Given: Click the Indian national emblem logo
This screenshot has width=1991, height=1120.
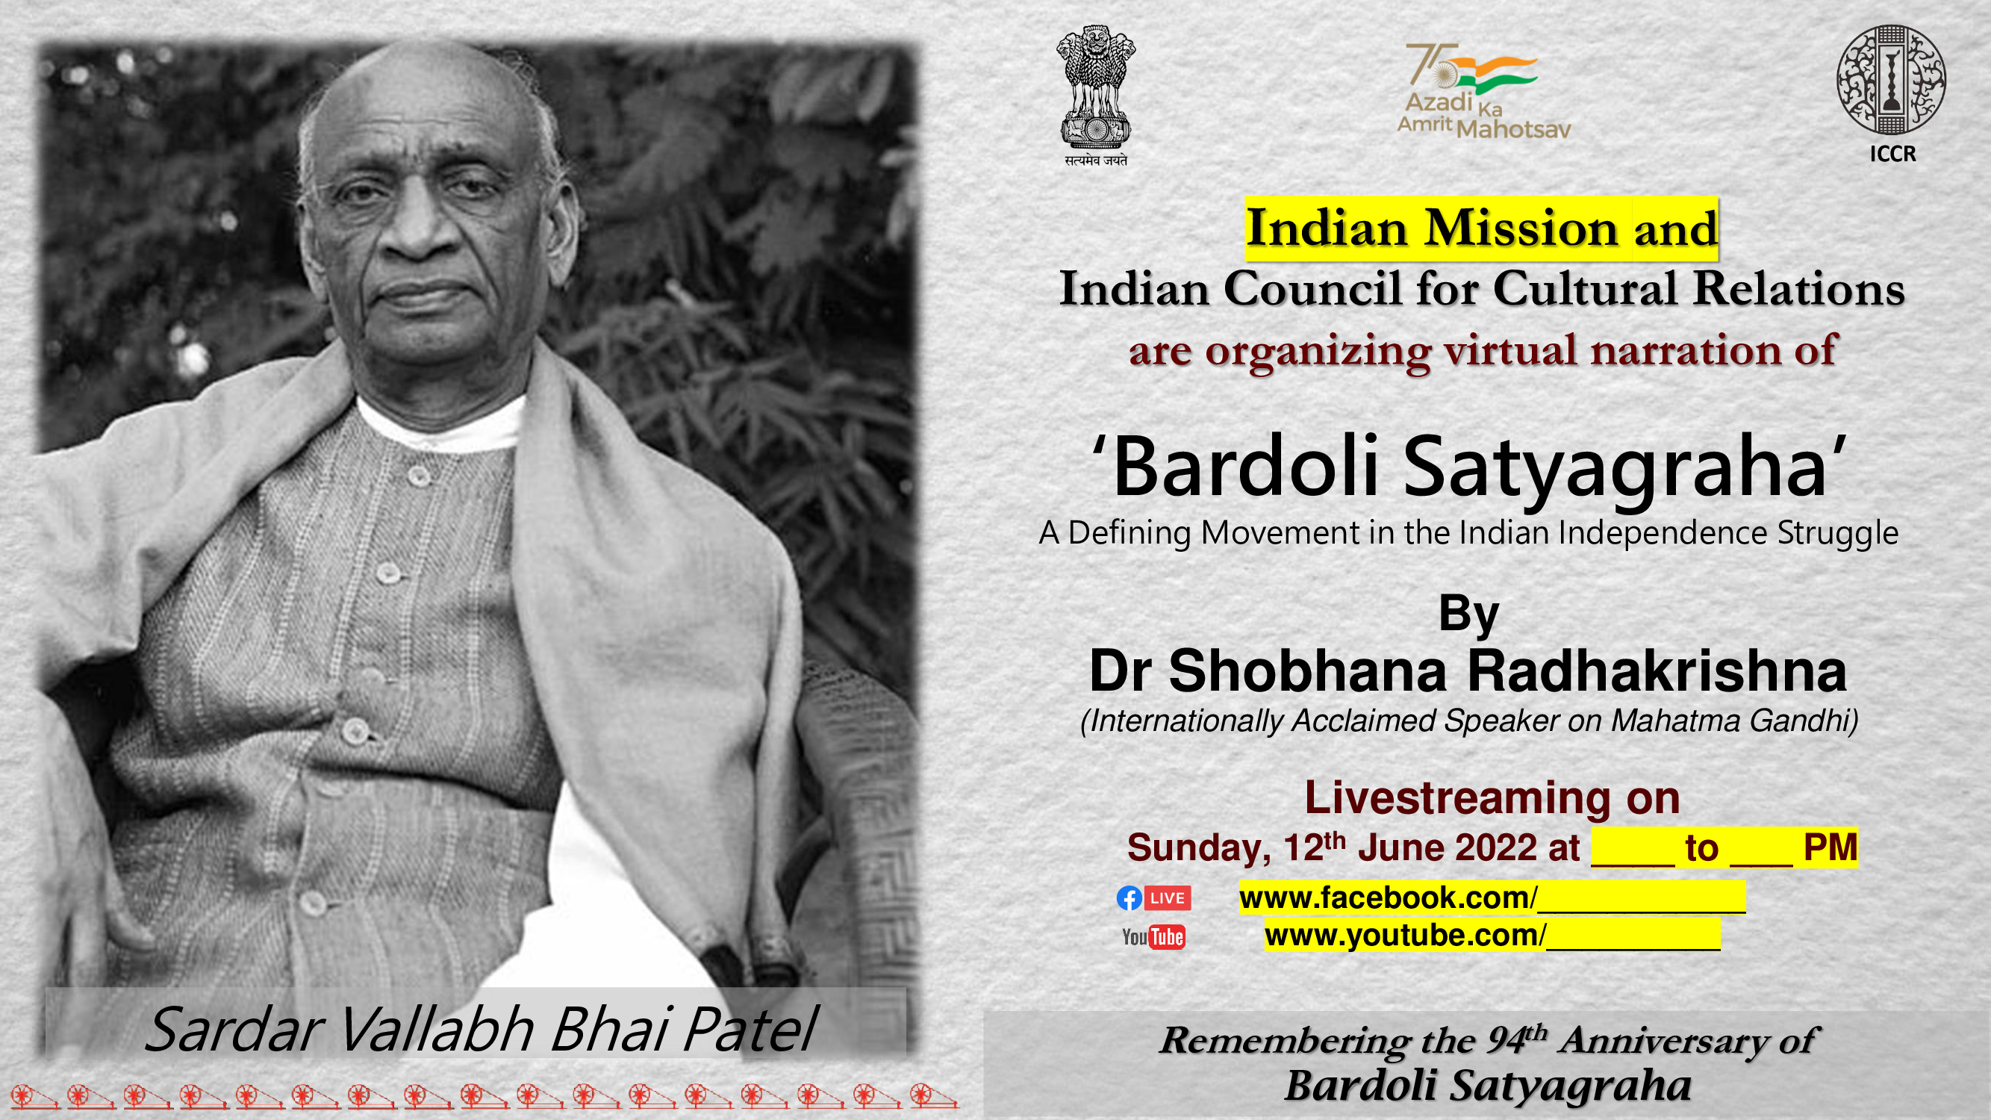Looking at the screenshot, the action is (x=1096, y=95).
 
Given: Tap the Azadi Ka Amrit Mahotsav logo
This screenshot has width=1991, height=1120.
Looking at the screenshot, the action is (x=1484, y=91).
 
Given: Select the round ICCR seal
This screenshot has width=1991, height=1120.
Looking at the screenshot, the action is (x=1891, y=79).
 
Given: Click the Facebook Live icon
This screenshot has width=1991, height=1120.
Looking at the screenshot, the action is (x=1153, y=898).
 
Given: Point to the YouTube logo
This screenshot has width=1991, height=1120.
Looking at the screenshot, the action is (x=1153, y=938).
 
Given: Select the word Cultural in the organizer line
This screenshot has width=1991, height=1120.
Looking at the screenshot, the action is (x=1584, y=289).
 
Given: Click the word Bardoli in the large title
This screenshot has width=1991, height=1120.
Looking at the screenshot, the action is (x=1246, y=466).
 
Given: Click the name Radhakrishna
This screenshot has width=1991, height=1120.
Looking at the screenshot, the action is (x=1657, y=671).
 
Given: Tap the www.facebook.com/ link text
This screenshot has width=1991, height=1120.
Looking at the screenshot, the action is (x=1388, y=898).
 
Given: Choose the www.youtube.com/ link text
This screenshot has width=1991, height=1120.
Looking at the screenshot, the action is (x=1405, y=936).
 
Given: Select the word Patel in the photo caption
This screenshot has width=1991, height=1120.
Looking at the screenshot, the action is (x=750, y=1030).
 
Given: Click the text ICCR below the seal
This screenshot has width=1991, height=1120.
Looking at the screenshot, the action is (x=1893, y=154).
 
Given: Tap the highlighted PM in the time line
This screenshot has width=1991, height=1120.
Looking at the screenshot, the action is (x=1830, y=848).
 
